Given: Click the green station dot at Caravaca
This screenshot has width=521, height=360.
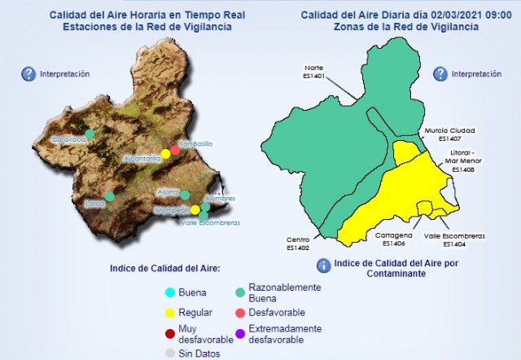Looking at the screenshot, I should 90,133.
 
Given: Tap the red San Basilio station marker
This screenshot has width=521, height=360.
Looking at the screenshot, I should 175,150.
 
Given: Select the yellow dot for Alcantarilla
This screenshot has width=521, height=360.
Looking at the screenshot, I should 165,153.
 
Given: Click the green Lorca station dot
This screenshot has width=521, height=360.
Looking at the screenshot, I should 110,196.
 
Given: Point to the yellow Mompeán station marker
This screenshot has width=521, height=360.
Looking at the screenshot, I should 195,210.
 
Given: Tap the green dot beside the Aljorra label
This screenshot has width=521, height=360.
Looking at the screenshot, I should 186,195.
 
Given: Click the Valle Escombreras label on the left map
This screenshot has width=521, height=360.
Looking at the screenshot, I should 209,222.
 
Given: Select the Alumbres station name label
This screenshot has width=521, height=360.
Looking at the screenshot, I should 220,198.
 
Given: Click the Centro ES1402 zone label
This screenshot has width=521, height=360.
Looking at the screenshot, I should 298,244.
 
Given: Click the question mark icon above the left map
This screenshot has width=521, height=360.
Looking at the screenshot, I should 28,74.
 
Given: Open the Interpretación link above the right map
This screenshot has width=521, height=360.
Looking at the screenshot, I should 476,73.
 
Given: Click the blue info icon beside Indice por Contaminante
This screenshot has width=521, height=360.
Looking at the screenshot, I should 323,265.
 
